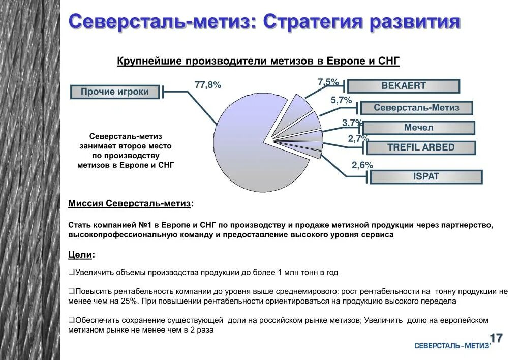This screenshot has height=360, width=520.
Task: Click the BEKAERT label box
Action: pos(404,86)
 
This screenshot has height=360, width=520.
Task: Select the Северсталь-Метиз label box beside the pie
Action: pos(416,108)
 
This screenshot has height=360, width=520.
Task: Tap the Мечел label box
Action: pos(419,128)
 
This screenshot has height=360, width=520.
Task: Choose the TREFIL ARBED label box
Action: pos(421,147)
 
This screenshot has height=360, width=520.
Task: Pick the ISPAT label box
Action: pos(426,177)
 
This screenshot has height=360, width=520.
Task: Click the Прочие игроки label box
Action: pos(115,92)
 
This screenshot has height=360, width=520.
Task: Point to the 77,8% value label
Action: pos(208,85)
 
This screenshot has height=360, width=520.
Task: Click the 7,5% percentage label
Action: pos(328,82)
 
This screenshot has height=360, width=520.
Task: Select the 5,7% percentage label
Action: pos(341,101)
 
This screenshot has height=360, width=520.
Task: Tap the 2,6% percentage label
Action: pos(362,165)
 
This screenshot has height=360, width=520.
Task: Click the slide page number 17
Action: pos(496,338)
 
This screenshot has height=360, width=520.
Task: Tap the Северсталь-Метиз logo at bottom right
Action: pos(452,346)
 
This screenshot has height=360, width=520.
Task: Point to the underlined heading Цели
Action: pos(80,254)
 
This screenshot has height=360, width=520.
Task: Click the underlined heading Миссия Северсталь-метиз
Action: pos(130,204)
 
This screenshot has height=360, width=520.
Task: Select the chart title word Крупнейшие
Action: pos(149,62)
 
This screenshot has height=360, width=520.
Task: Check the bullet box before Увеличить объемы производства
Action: pos(71,273)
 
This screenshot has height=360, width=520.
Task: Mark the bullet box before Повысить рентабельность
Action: pos(71,292)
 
